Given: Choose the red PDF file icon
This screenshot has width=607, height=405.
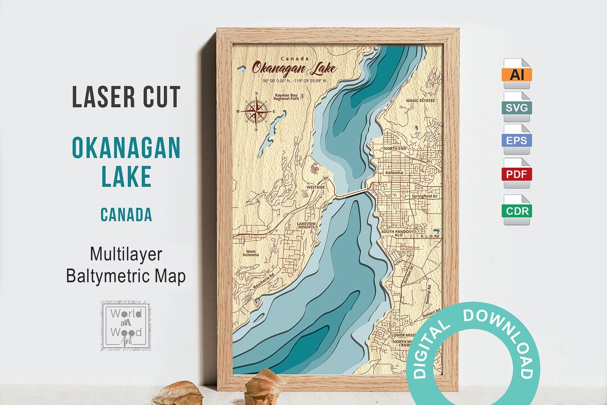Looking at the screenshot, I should (517, 174).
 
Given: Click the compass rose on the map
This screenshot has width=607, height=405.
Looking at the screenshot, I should (256, 111).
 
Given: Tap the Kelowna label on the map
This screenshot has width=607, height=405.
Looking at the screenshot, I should (395, 172).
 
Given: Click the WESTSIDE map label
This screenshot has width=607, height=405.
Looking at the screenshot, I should (316, 187).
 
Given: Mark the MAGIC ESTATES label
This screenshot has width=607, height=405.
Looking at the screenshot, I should (420, 100).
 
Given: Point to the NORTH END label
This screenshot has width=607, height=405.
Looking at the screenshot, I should (396, 148).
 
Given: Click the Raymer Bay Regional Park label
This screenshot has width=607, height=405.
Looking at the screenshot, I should (286, 97).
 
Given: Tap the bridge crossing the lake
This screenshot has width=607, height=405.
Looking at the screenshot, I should (353, 193).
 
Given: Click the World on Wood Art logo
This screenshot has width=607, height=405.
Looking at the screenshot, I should (125, 325).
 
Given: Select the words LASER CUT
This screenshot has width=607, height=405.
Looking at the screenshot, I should (126, 97).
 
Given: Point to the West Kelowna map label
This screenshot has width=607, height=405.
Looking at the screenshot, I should (251, 253).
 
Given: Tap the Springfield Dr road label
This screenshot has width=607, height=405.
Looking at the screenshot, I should (424, 196).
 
